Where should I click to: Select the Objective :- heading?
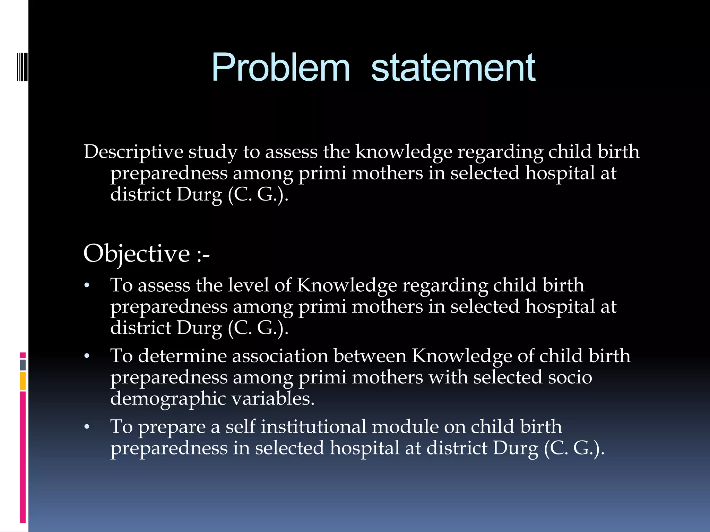(146, 254)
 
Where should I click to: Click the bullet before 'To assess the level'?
(87, 286)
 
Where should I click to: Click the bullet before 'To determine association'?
(87, 357)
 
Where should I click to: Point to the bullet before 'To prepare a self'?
(87, 427)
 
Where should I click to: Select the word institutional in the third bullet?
(313, 427)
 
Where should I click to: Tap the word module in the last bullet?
(405, 427)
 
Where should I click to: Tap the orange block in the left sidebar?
(23, 381)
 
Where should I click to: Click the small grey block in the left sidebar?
(23, 365)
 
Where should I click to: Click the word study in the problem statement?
(213, 152)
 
